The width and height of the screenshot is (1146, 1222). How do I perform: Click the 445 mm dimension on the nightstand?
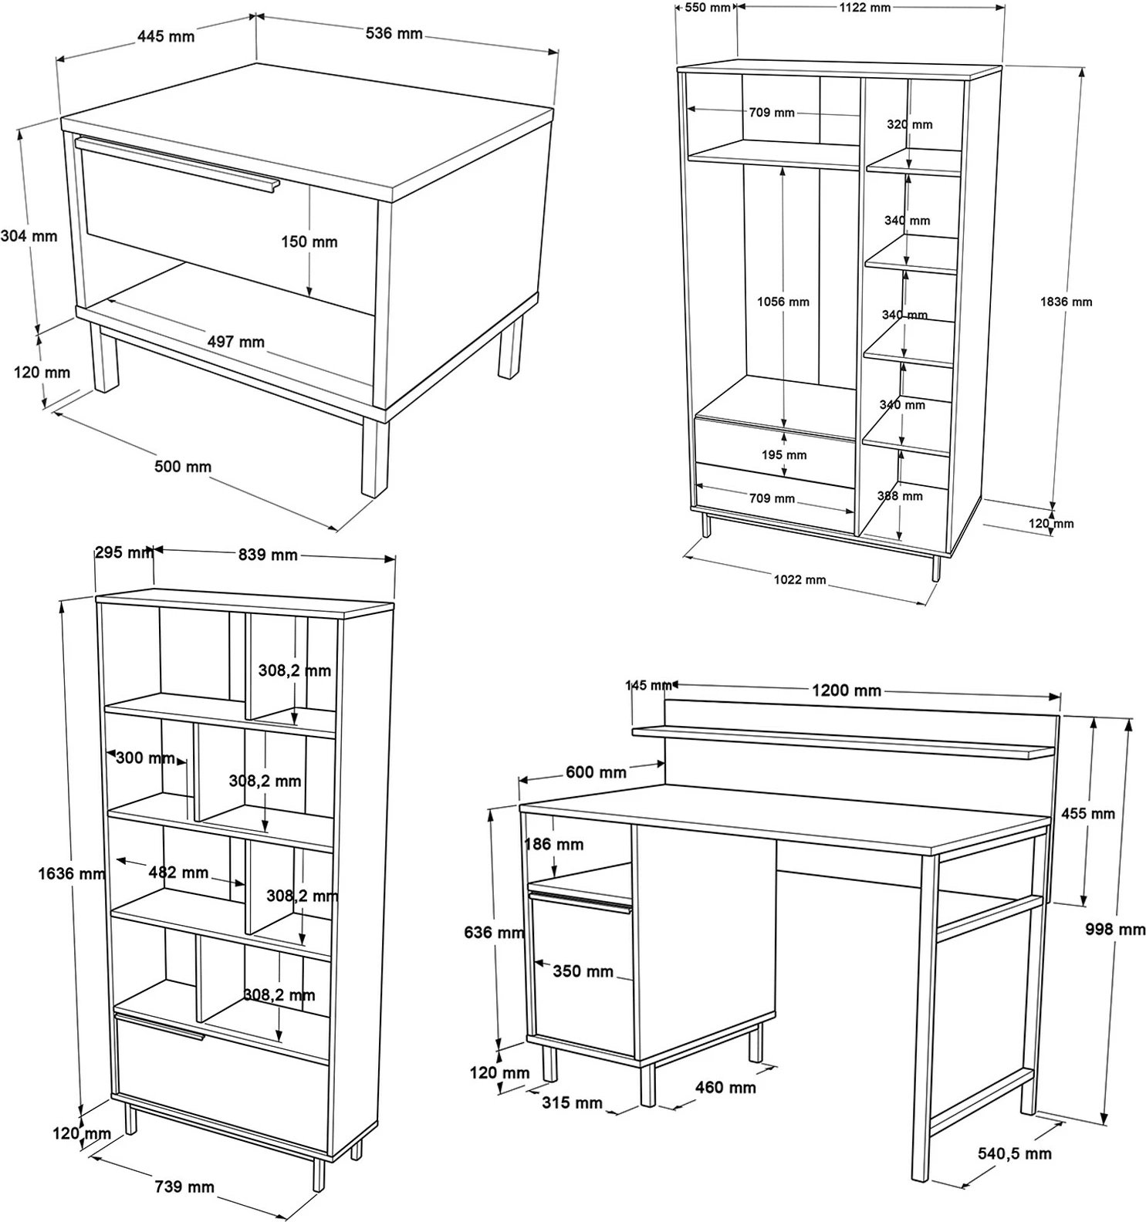coord(166,36)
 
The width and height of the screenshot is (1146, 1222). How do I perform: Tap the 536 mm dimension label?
coord(394,33)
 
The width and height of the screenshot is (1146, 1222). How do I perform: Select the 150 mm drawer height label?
coord(309,241)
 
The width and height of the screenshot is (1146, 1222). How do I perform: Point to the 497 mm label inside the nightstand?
coord(235,341)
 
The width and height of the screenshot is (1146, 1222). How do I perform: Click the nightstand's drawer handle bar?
coord(177,164)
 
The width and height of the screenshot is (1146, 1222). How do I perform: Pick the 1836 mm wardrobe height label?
coord(1066,302)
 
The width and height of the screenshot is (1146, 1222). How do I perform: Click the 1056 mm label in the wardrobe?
coord(783,302)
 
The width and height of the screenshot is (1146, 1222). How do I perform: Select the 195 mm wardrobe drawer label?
coord(784,454)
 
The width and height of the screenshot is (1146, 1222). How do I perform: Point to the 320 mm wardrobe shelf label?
coord(909,124)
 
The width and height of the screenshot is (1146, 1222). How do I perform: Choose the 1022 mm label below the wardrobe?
coord(799,579)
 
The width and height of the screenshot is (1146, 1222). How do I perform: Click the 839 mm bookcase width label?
coord(268,555)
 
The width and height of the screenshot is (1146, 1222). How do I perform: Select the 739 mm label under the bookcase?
coord(184,1187)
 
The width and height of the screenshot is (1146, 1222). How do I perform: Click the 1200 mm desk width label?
coord(847,690)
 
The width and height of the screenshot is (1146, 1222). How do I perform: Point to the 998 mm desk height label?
coord(1115,930)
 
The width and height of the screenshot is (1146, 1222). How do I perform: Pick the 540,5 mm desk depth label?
coord(1015,1153)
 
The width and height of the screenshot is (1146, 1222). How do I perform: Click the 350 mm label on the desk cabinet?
coord(583,971)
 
